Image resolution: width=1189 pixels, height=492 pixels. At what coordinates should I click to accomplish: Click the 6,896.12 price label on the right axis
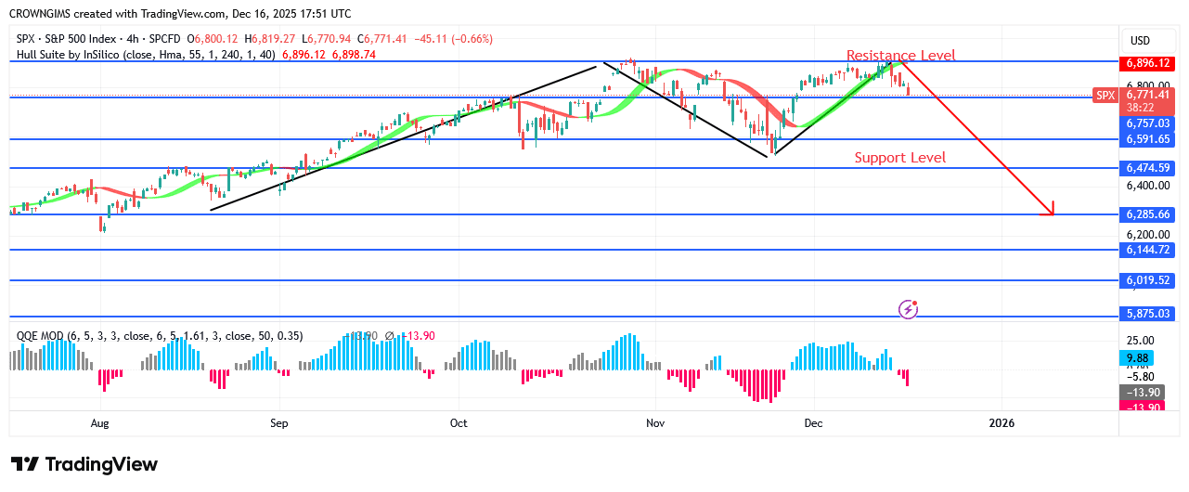click(1148, 64)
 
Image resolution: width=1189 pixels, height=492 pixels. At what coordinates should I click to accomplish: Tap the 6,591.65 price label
click(1148, 139)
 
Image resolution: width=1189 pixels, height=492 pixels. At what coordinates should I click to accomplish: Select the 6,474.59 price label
click(1148, 168)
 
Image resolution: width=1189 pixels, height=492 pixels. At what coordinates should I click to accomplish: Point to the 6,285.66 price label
click(1148, 214)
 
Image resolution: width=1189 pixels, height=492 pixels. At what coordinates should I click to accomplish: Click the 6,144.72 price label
click(1148, 251)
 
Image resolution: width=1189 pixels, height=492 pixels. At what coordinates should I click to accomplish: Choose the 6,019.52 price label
click(1148, 280)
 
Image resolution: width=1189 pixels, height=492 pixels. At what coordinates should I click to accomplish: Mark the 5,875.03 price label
click(1148, 314)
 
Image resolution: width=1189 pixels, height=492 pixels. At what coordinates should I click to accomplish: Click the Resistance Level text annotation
click(900, 56)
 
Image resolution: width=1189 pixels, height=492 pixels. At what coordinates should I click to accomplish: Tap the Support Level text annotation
click(900, 158)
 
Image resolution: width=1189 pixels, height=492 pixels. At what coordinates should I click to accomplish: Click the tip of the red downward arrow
click(1053, 215)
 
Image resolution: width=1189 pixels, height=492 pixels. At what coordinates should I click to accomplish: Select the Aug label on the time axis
click(100, 423)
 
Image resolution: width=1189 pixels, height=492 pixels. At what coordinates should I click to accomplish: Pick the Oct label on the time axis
click(459, 423)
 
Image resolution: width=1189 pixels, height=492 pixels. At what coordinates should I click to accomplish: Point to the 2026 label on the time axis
click(1002, 423)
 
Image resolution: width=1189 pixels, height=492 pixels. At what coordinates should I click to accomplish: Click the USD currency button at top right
click(1139, 40)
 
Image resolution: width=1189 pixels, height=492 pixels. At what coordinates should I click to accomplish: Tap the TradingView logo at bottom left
click(84, 464)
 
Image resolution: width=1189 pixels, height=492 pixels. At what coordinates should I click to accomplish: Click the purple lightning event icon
click(909, 308)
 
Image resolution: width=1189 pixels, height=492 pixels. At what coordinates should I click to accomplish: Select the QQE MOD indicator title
click(45, 336)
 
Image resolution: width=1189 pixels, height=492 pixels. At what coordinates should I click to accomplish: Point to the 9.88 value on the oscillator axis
click(1138, 357)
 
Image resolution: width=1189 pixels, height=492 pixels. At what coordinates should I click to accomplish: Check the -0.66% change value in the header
click(473, 39)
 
